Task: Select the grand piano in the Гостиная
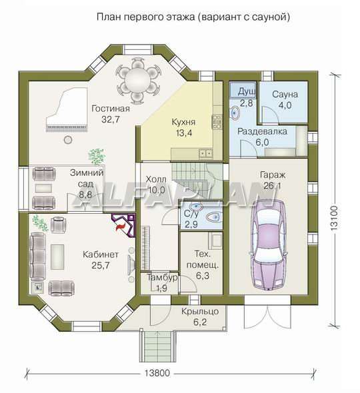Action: tap(67, 109)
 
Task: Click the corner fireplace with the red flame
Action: tap(124, 225)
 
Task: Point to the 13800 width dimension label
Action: tap(157, 373)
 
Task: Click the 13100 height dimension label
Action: tap(334, 218)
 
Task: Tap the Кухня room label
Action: tap(183, 123)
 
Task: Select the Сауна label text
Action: tap(285, 95)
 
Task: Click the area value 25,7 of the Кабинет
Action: tap(101, 265)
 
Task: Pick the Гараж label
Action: tap(273, 175)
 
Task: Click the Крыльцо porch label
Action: tap(200, 311)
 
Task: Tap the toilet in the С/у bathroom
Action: tap(213, 216)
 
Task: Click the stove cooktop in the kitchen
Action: tap(217, 122)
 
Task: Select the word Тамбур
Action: tap(162, 278)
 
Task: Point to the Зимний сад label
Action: tap(86, 179)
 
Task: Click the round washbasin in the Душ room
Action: tap(235, 113)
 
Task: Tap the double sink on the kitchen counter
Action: tap(206, 153)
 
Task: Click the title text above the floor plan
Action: tap(193, 17)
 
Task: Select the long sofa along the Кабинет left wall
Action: tap(37, 256)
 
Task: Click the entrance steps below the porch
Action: tap(157, 346)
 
